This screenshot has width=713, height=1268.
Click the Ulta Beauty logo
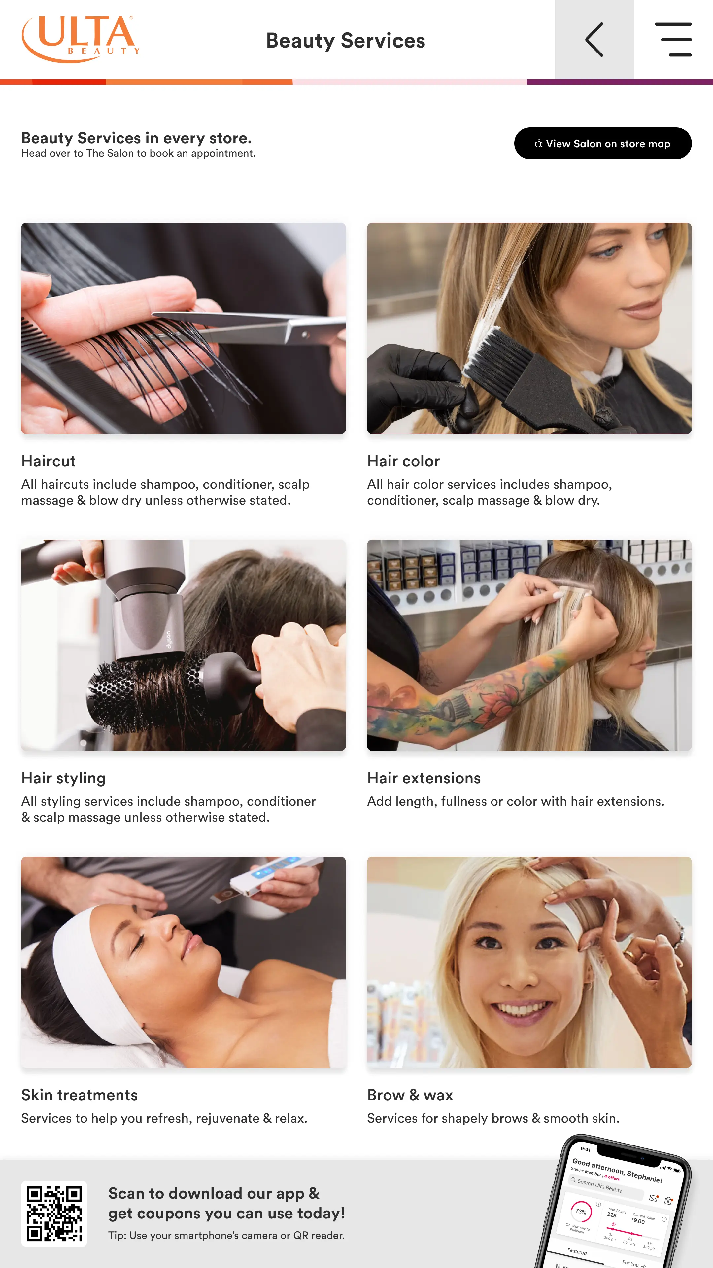(x=81, y=39)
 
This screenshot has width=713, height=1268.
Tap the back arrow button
(x=594, y=39)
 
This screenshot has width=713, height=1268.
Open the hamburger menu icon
(x=673, y=39)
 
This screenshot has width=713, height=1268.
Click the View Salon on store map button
(x=602, y=143)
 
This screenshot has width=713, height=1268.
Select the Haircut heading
(x=48, y=461)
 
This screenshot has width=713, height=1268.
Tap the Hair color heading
(x=403, y=461)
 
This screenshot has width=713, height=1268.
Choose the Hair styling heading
(x=63, y=778)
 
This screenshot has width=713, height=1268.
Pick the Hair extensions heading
(x=424, y=778)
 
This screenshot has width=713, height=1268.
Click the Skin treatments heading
(x=79, y=1095)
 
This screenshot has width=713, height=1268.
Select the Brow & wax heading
(x=410, y=1095)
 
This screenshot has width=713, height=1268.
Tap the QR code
(x=54, y=1214)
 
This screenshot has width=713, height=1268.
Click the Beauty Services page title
(x=345, y=40)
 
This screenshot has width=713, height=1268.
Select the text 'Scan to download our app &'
(x=214, y=1193)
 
